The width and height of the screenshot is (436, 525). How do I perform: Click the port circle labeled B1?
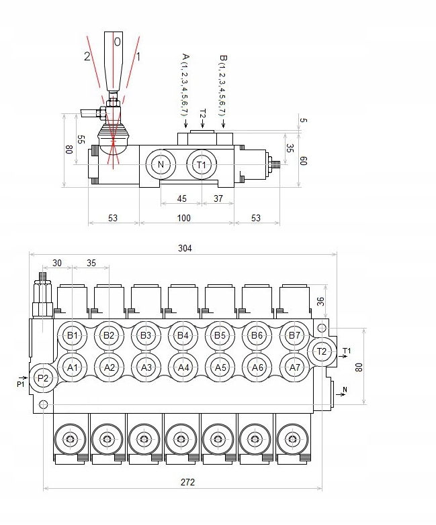[x=73, y=335]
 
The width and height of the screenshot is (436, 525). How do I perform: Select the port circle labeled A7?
[x=294, y=367]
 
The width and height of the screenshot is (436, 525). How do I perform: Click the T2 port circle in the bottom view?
[x=321, y=351]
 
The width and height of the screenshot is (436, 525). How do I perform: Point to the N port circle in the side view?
[x=160, y=165]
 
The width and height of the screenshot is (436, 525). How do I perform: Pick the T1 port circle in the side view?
[x=202, y=165]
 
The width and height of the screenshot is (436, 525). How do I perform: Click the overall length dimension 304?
[x=185, y=248]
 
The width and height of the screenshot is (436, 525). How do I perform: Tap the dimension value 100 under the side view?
[x=183, y=218]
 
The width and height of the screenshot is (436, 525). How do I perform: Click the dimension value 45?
[x=181, y=198]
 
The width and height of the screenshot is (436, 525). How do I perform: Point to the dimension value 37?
[x=218, y=198]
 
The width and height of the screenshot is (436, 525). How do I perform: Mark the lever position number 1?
[x=138, y=56]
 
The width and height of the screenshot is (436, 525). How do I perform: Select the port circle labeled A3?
[x=146, y=367]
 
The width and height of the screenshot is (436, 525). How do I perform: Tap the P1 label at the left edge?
[x=20, y=384]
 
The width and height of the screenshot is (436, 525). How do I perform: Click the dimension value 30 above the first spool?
[x=57, y=263]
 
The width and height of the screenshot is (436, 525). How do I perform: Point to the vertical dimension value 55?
[x=81, y=139]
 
